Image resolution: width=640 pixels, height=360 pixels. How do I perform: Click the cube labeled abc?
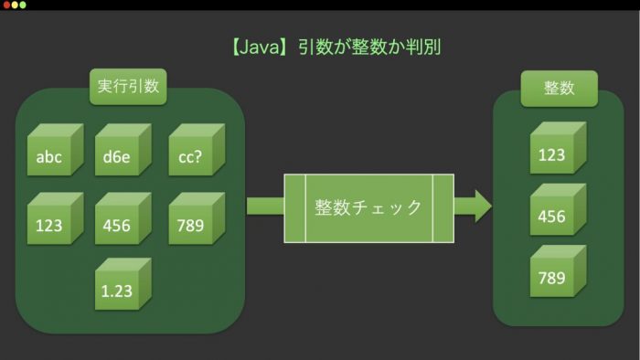coord(55,150)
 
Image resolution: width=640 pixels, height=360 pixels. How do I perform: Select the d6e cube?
coord(123,150)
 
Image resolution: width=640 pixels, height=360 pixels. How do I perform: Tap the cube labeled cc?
coord(197,150)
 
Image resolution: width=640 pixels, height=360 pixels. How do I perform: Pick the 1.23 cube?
coord(123,284)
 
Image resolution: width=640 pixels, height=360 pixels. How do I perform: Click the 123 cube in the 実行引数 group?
coord(55,218)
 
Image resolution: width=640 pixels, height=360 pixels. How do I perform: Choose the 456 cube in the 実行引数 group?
coord(123,218)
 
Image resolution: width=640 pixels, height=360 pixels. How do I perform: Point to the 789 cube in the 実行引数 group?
coord(197,218)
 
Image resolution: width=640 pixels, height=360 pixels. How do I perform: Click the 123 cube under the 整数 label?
coord(558,148)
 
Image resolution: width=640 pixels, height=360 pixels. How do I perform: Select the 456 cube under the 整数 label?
coord(558,209)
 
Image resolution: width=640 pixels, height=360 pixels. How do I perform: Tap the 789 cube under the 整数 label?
coord(558,271)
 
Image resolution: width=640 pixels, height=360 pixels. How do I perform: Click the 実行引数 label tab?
coord(128,87)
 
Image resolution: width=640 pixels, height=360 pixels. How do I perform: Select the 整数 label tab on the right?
coord(560,89)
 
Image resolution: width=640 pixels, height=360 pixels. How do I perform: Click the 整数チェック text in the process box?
coord(368,207)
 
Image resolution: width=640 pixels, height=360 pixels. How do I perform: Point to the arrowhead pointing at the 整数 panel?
coord(484,206)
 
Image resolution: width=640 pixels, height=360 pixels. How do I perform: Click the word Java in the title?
coord(259,48)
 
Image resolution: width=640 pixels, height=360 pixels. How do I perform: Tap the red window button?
coord(6,5)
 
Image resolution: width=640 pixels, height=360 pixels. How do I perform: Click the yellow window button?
coord(15,5)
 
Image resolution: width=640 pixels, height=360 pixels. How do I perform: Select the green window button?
coord(23,5)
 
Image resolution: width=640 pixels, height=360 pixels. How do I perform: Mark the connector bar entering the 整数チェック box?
coord(265,206)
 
